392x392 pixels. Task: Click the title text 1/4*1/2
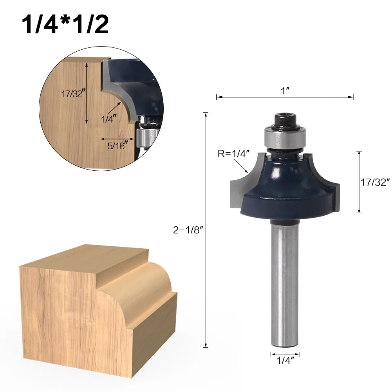pos(65,25)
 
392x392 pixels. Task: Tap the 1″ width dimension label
pos(285,91)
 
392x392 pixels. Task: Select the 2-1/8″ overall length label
pos(188,230)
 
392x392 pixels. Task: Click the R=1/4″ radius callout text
pos(234,154)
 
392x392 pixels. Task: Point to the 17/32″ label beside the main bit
pos(375,182)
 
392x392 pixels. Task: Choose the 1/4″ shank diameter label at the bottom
pos(285,361)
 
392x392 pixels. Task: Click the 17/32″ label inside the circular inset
pos(72,94)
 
